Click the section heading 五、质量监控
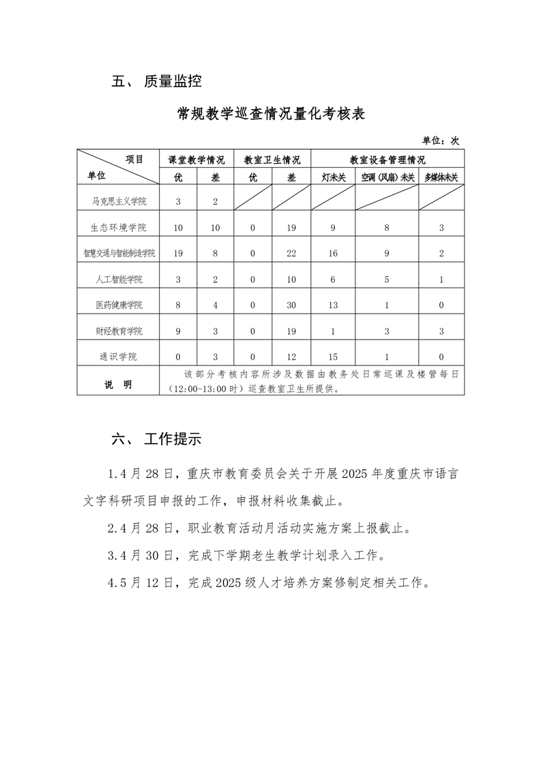point(156,82)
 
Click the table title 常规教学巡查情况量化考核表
point(271,114)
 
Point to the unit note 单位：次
point(440,140)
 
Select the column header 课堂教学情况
point(196,160)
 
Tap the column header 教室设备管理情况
point(387,160)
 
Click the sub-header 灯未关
point(333,177)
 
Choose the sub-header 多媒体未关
point(441,177)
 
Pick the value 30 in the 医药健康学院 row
point(291,305)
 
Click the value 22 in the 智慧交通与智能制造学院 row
point(291,253)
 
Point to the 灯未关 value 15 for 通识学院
point(333,357)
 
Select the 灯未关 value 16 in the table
point(333,253)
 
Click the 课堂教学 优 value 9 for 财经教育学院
point(178,331)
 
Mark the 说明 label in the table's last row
point(118,385)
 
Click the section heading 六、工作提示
point(156,439)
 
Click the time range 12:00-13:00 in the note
point(196,391)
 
